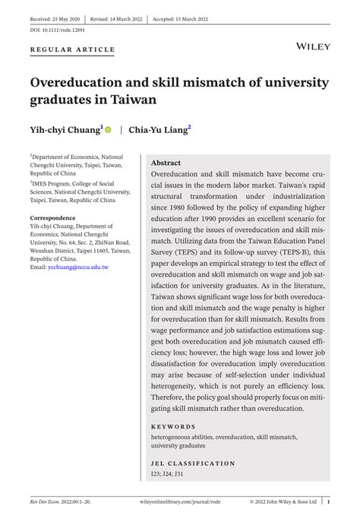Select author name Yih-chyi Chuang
[x=65, y=130]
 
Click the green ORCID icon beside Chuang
[x=109, y=130]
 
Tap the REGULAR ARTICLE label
[x=72, y=49]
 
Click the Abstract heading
[x=166, y=163]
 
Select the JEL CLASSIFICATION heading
[x=193, y=463]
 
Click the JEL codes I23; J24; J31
[x=167, y=473]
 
